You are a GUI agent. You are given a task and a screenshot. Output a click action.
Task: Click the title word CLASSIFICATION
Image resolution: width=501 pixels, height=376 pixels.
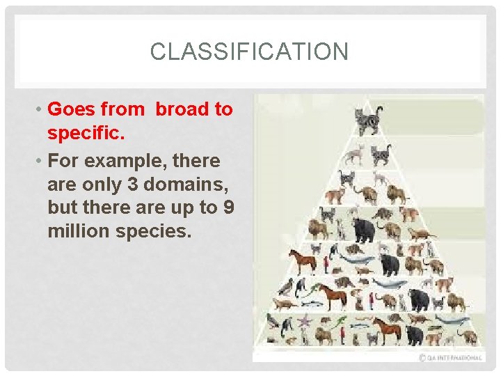coord(248,52)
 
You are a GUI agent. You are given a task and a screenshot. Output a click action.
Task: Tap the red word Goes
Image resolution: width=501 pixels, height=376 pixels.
coord(72,109)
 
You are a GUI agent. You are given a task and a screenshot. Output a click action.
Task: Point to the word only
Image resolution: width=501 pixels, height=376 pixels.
coord(94,184)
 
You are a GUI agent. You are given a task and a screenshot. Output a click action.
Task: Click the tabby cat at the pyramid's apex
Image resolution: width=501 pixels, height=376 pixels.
coord(368,119)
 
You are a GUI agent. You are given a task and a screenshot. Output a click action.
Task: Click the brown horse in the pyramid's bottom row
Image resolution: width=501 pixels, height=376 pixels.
coord(386,328)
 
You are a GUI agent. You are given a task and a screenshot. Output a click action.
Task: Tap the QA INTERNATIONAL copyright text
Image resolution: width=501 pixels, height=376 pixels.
coord(451,357)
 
